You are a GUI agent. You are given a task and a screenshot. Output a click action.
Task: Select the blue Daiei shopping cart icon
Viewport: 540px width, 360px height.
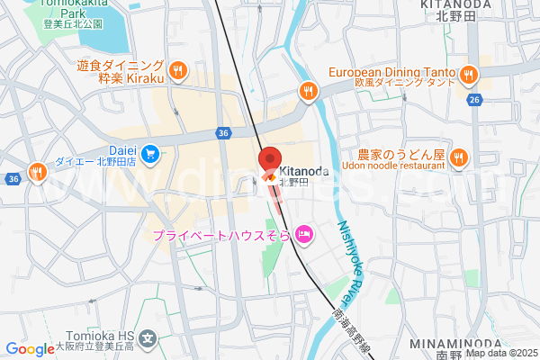pyautogui.click(x=150, y=153)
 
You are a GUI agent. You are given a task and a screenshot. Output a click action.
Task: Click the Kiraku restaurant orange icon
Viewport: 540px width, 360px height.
pyautogui.click(x=178, y=70)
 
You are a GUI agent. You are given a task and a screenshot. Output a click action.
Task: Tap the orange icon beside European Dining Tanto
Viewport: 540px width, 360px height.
pyautogui.click(x=467, y=74)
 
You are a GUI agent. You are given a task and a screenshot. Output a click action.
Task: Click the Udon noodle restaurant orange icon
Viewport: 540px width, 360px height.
pyautogui.click(x=459, y=158)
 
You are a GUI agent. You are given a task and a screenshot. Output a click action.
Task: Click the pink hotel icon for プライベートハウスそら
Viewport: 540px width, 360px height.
pyautogui.click(x=304, y=235)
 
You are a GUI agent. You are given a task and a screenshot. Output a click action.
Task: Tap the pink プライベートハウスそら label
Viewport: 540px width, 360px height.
pyautogui.click(x=221, y=236)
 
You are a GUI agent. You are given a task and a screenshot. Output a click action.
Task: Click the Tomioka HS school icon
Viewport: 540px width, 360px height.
pyautogui.click(x=148, y=339)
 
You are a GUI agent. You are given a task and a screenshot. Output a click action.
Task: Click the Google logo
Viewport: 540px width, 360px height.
pyautogui.click(x=30, y=349)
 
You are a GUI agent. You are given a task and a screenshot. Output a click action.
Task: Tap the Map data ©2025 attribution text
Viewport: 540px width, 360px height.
pyautogui.click(x=500, y=353)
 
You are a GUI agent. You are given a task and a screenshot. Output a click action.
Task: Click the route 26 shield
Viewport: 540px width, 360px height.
pyautogui.click(x=474, y=101)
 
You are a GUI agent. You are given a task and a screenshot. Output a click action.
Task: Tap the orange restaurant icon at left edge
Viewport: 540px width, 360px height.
pyautogui.click(x=37, y=171)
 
